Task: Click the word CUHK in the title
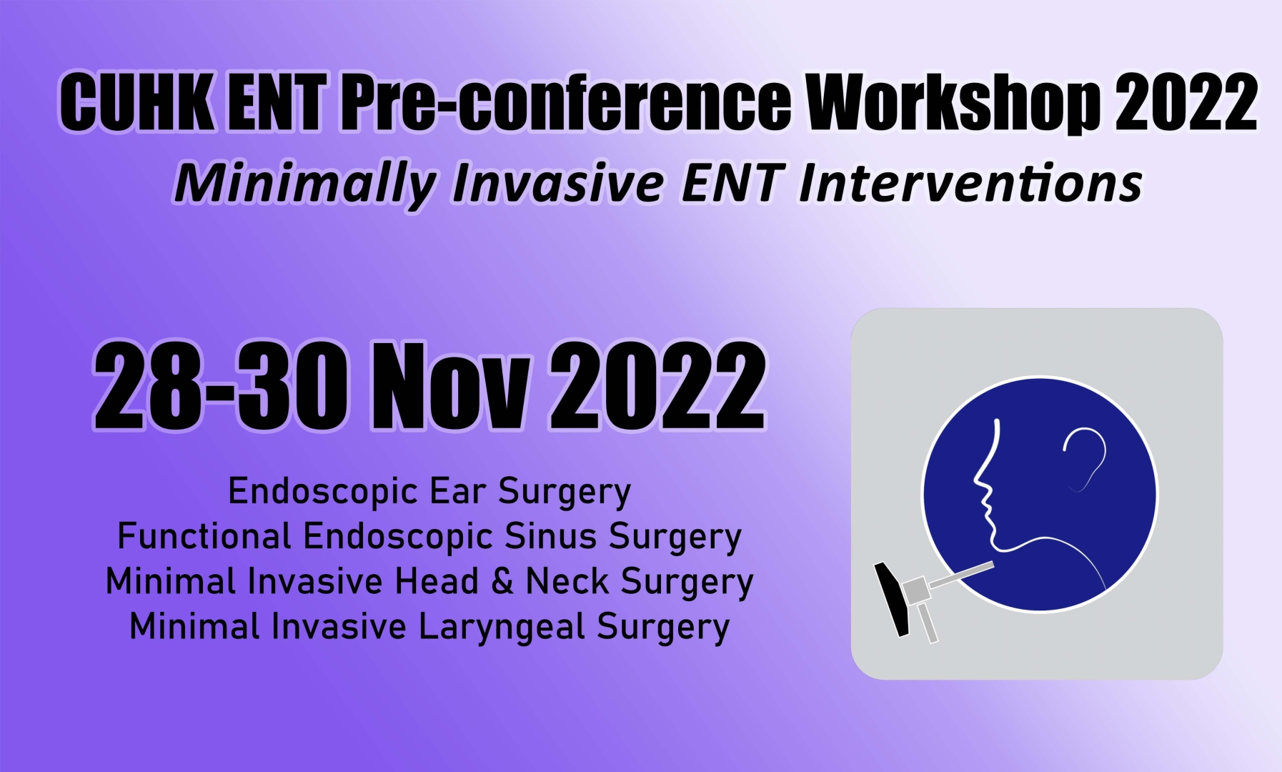click(136, 102)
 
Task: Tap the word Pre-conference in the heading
click(566, 102)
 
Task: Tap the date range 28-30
click(222, 386)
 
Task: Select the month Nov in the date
click(451, 386)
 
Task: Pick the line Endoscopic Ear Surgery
click(429, 493)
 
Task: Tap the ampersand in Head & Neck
click(502, 581)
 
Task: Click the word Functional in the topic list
click(204, 536)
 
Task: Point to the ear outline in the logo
click(1086, 457)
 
